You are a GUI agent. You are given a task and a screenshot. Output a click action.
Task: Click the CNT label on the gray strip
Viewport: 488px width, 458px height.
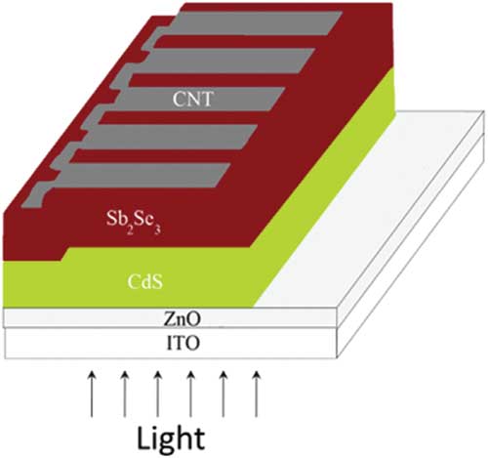193,99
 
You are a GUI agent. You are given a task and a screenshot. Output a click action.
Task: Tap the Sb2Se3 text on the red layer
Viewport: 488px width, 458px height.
134,222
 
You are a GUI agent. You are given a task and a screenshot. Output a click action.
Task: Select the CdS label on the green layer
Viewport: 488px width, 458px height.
145,282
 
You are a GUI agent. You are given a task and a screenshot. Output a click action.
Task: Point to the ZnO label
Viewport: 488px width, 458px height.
182,319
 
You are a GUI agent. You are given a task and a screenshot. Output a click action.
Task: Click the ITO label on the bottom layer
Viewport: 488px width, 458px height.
183,343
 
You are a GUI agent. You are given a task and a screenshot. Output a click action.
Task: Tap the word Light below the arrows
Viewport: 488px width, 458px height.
171,438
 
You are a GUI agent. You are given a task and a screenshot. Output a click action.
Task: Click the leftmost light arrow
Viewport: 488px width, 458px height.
92,394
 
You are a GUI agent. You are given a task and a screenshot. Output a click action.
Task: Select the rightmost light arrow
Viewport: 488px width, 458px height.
257,394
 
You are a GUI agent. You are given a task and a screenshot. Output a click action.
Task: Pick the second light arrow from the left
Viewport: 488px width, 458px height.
125,394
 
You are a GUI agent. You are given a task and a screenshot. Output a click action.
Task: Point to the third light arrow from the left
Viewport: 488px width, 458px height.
158,394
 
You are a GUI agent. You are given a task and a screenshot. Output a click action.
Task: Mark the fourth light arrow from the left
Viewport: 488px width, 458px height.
191,394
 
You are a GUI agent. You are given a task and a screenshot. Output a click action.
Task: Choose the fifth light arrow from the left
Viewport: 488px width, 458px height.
224,394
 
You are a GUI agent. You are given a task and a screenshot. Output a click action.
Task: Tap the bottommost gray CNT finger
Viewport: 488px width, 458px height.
137,178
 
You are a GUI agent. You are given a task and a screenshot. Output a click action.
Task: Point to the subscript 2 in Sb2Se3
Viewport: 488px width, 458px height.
129,229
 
